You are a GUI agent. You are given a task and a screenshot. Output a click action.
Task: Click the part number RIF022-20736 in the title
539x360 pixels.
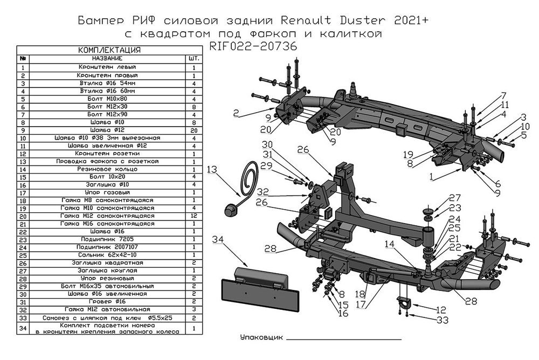[x=253, y=46]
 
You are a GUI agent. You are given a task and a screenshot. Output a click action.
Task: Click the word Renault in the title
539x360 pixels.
[x=312, y=22]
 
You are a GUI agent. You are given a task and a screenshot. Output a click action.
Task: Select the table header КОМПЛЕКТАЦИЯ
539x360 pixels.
[x=109, y=50]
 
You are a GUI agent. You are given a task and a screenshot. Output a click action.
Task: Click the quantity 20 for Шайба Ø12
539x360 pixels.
[x=193, y=129]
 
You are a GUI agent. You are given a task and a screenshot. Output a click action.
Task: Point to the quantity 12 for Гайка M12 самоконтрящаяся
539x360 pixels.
[x=193, y=216]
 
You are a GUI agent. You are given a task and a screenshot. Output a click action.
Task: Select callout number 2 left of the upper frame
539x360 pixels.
[x=236, y=113]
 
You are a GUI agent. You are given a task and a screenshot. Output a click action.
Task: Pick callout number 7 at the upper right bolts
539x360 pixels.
[x=503, y=96]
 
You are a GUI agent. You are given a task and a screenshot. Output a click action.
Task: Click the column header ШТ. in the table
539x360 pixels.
[x=193, y=58]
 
